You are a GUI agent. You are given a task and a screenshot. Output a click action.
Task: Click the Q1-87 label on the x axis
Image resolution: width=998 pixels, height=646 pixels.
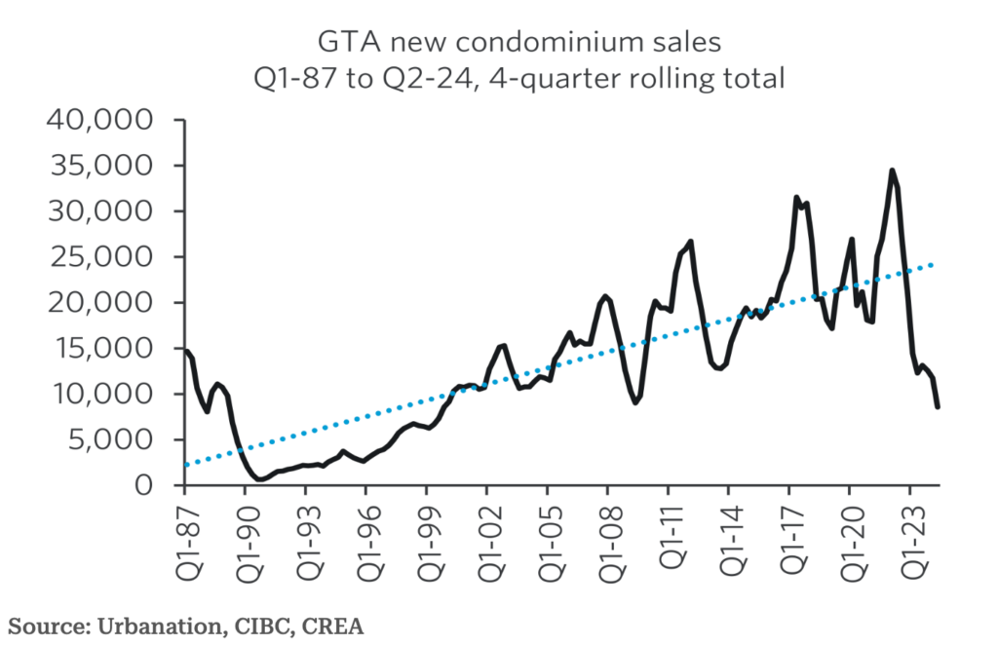coord(184,535)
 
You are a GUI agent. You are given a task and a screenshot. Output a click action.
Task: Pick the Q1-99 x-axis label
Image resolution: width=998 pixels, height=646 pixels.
coord(426,535)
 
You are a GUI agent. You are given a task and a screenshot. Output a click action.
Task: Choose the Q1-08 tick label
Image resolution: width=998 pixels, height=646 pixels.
coord(607,535)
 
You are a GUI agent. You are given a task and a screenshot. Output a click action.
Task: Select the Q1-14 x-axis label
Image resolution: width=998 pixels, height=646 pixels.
coord(728,535)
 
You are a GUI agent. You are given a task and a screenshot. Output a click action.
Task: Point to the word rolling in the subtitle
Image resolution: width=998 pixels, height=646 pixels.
coord(662,78)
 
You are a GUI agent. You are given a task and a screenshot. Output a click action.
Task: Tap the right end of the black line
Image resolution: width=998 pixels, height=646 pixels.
coord(938,407)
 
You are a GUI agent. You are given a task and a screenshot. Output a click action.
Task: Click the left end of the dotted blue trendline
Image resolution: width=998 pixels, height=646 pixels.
coord(184,465)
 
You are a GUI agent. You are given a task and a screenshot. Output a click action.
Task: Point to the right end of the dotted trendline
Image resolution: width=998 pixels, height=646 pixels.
coord(936,264)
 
